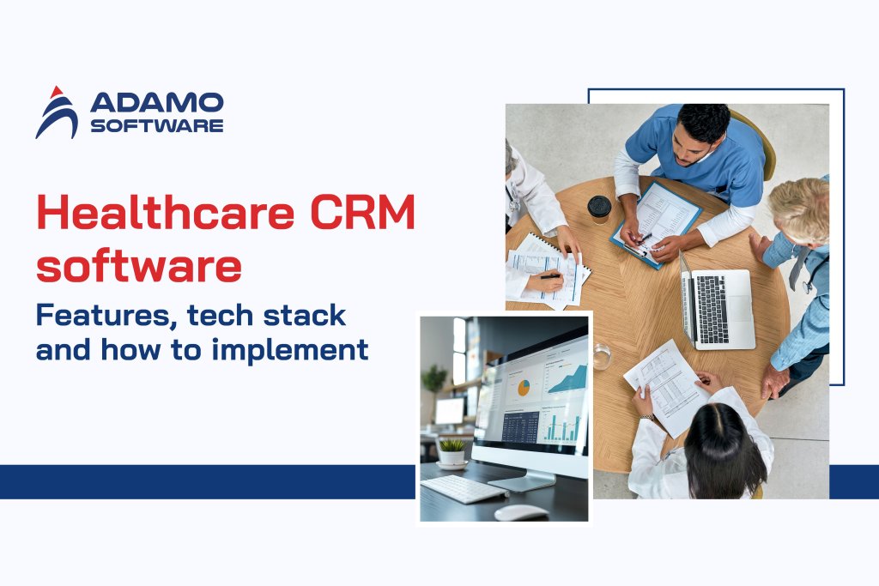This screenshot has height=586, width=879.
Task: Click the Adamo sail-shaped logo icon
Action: tap(56, 112)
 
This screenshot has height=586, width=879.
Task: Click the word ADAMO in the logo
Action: tap(156, 103)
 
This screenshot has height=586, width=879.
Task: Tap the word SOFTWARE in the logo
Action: tap(156, 125)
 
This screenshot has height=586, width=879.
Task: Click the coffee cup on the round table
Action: tap(599, 208)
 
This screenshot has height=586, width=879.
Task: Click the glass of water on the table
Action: tap(602, 355)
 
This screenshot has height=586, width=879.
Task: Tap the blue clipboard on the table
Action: tap(656, 221)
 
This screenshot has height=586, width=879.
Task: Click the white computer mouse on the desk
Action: tap(520, 512)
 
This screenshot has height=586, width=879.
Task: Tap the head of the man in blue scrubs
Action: tap(703, 126)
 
